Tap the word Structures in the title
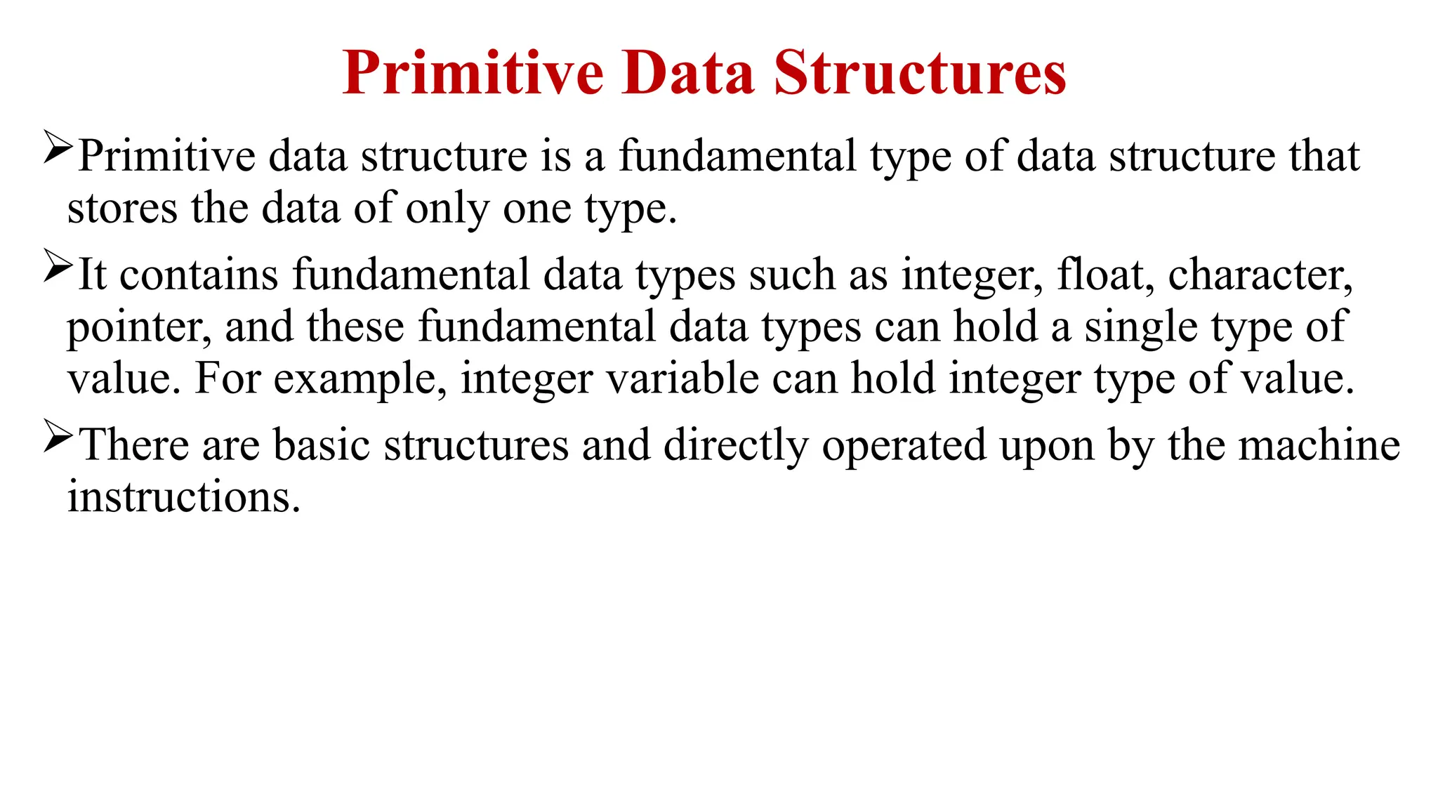[920, 73]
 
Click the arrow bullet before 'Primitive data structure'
[58, 147]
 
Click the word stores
[122, 209]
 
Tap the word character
[1260, 275]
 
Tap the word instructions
[184, 497]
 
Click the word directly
[736, 445]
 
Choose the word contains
[199, 275]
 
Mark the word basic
[321, 445]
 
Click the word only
[447, 209]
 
